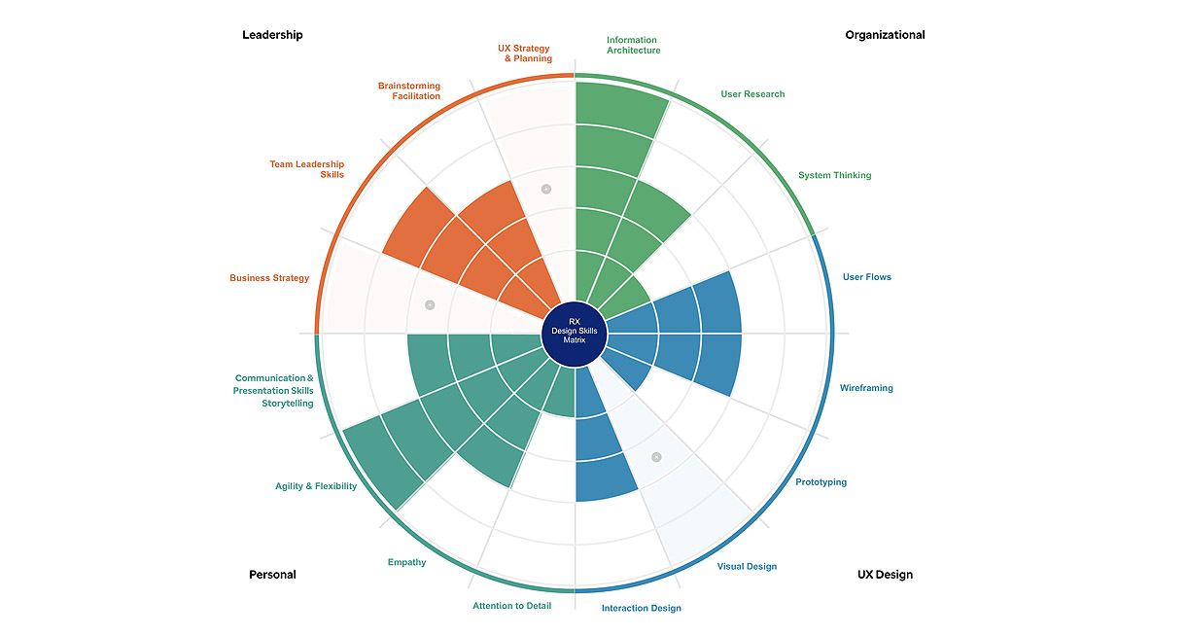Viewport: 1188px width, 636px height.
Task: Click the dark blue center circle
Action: point(574,334)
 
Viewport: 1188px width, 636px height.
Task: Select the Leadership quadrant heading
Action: point(272,35)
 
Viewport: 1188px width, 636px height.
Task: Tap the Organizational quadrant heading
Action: point(885,35)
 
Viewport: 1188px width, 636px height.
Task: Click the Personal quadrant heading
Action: point(272,575)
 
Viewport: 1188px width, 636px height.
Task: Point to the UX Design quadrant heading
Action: point(885,575)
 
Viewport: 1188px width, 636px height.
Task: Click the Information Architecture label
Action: point(633,46)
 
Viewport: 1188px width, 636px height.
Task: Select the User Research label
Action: point(752,94)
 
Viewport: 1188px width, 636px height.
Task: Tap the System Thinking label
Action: point(834,176)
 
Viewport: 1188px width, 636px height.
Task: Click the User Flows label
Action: point(866,277)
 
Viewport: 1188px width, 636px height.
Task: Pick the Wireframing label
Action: point(866,388)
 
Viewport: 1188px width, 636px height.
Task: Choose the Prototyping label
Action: point(821,482)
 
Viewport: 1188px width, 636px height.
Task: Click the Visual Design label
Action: point(747,567)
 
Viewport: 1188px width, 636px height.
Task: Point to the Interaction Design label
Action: point(641,609)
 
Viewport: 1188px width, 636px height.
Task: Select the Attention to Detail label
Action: point(511,606)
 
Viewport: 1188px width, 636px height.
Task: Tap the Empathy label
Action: point(406,562)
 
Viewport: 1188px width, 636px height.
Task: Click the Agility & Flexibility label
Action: point(316,486)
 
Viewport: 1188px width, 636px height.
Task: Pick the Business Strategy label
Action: point(269,278)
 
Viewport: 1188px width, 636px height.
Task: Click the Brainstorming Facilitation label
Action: point(409,91)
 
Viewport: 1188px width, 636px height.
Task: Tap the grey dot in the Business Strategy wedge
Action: point(430,305)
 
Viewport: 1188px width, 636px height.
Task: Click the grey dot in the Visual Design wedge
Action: point(656,456)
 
